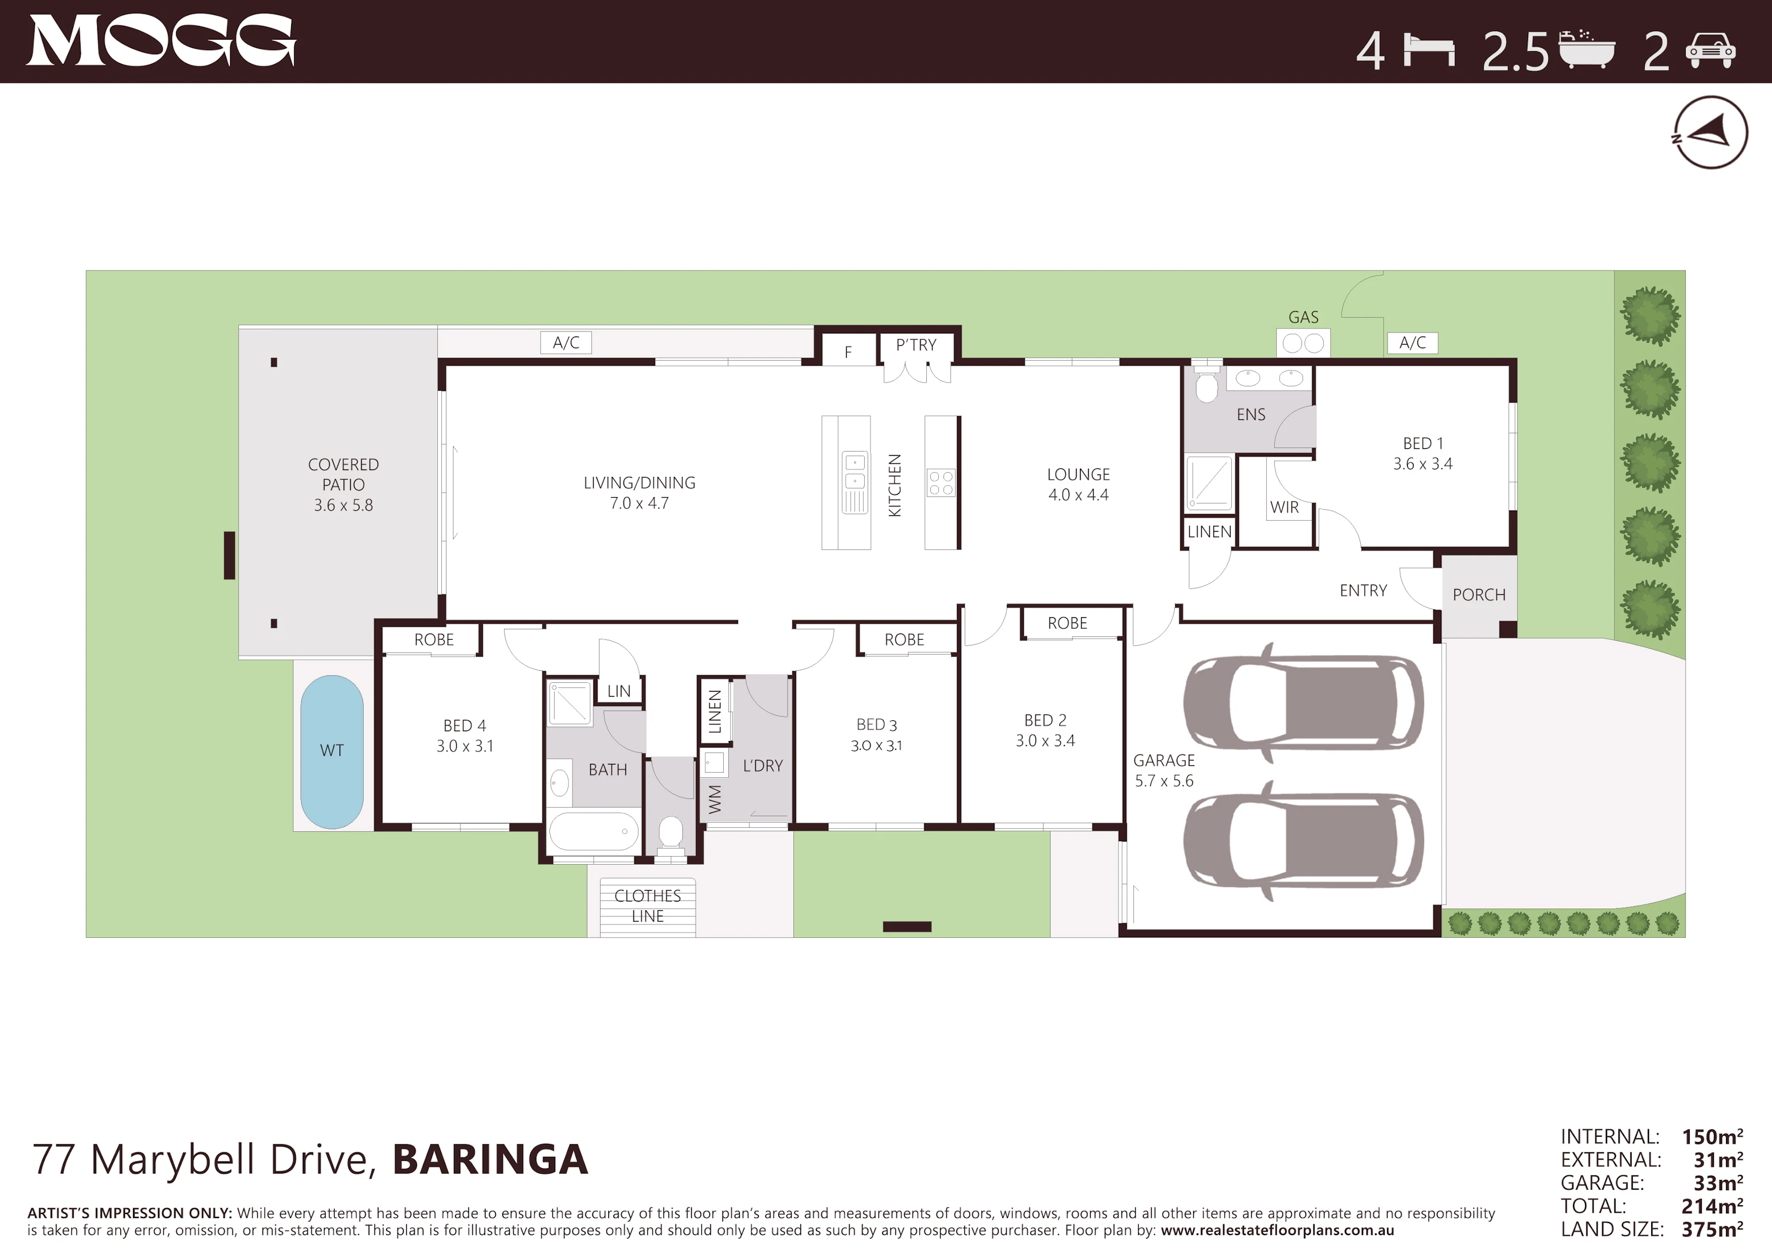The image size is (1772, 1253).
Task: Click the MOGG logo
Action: click(x=161, y=40)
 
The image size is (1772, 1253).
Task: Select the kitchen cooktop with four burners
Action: click(x=941, y=483)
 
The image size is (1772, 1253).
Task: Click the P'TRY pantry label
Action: click(x=916, y=345)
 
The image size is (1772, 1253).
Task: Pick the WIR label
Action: click(x=1284, y=507)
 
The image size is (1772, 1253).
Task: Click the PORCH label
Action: click(x=1479, y=595)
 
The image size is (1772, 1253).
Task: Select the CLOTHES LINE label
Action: click(x=647, y=906)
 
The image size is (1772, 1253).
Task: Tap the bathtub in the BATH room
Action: click(x=594, y=831)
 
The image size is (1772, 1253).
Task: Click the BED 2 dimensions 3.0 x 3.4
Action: click(x=1045, y=740)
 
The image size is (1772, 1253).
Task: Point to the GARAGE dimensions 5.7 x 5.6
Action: click(x=1164, y=781)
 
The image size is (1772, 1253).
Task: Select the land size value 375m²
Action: click(x=1712, y=1229)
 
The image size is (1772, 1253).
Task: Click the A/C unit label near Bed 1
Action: click(x=1412, y=342)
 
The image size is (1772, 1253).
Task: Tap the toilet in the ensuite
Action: click(x=1206, y=384)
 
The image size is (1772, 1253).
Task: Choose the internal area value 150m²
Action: click(x=1712, y=1136)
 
